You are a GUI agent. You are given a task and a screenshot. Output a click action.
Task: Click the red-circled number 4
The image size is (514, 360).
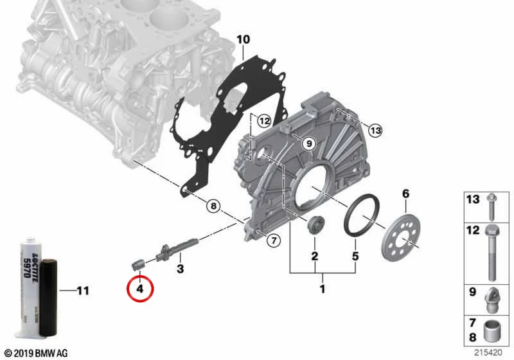point(140,289)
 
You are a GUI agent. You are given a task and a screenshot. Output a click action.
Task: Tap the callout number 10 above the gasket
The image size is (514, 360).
point(243,40)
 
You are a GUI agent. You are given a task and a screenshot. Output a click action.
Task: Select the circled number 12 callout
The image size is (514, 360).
point(264,122)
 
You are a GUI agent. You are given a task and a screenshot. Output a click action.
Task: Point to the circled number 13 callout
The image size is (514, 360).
point(375,130)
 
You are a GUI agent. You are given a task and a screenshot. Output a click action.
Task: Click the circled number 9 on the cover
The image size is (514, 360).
point(308,143)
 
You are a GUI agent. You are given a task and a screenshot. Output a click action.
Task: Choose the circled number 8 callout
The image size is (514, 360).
point(214,206)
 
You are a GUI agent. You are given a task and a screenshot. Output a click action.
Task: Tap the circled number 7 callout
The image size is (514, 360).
point(274,240)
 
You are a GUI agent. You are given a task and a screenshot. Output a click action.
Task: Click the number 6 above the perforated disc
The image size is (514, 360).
point(406,194)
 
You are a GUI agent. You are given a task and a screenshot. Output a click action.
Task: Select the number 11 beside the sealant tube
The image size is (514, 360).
point(83,291)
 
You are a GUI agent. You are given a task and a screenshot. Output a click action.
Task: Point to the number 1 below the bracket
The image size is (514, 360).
point(323,289)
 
